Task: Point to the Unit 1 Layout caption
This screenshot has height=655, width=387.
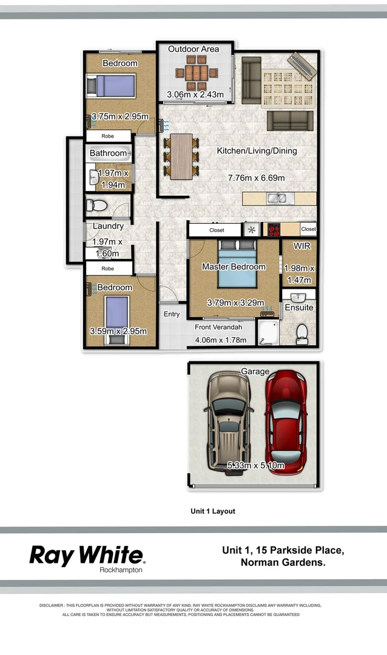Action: (x=213, y=511)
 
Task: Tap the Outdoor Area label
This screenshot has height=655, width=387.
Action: (x=193, y=49)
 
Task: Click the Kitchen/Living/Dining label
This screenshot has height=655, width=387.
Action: (x=257, y=150)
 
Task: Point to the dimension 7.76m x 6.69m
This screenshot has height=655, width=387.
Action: (x=256, y=178)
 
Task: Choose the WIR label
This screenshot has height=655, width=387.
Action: (x=301, y=246)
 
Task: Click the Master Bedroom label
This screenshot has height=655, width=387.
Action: (x=234, y=267)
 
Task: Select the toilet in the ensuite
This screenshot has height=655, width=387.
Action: (x=302, y=334)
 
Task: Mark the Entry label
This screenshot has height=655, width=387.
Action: (x=172, y=314)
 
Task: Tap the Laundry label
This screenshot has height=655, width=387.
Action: (x=108, y=226)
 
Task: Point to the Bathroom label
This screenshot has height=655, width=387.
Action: (x=108, y=153)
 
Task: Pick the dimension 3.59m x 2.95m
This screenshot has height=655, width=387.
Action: (x=119, y=331)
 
